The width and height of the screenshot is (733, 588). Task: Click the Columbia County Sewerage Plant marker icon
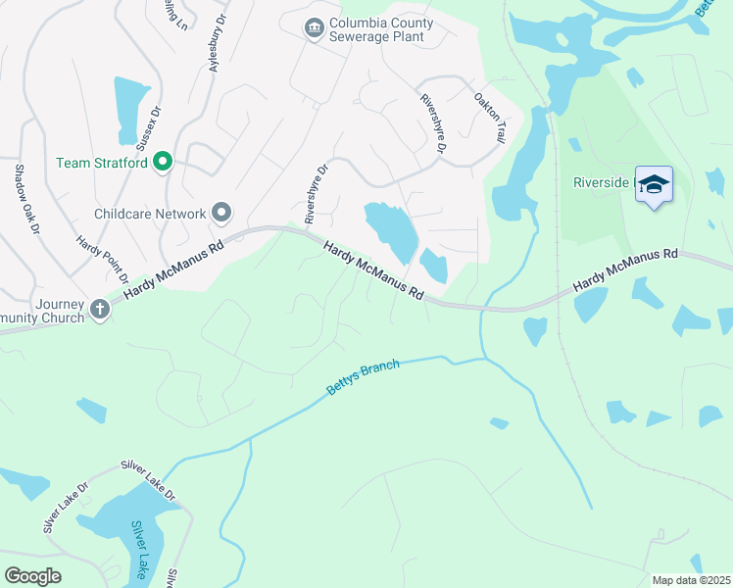pos(314,28)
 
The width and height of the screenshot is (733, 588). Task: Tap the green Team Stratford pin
pos(163,163)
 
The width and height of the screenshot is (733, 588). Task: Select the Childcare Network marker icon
pos(221,213)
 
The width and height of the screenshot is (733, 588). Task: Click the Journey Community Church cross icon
pos(99,310)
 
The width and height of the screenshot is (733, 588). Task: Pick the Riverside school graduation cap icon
pos(654,184)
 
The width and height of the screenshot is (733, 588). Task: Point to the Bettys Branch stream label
pos(363,377)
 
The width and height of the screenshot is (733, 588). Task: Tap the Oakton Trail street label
pos(488,119)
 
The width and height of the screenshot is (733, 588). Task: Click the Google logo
pos(32,576)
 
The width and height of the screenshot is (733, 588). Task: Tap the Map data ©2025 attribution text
pos(692,580)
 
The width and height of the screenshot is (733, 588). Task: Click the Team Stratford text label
pos(101,163)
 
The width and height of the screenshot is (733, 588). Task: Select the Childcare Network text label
pos(150,213)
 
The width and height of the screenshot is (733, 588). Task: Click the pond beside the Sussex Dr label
pos(129,108)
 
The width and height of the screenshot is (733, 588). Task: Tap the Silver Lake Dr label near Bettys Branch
pos(147,478)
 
